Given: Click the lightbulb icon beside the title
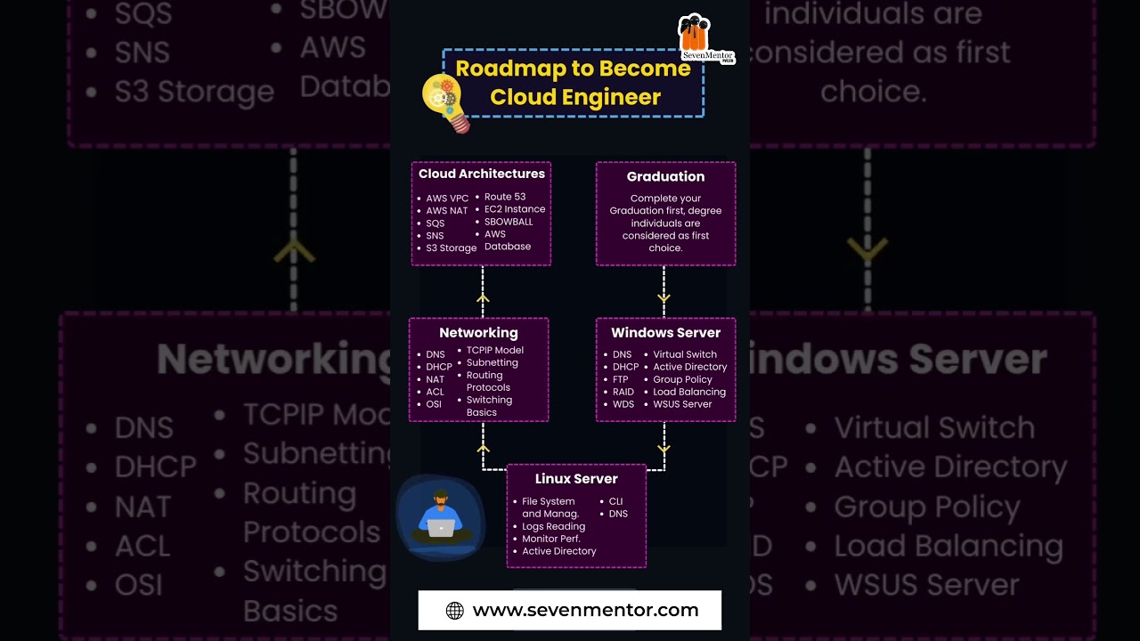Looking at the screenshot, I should click(x=445, y=101).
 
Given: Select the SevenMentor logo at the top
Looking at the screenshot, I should click(x=706, y=39).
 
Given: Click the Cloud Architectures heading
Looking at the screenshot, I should click(x=481, y=174).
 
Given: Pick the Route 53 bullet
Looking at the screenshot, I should click(x=505, y=197).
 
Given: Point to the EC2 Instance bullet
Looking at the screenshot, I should click(x=515, y=209).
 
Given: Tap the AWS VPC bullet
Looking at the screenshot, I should click(x=447, y=199).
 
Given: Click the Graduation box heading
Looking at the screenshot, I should click(x=665, y=176).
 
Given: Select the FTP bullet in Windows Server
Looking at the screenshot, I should click(x=620, y=379).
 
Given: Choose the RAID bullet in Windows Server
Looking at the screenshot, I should click(x=623, y=392).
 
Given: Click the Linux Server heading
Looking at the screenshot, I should click(x=576, y=479).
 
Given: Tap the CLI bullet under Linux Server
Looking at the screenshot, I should click(x=615, y=501).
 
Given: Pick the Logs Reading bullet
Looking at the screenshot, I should click(x=553, y=526).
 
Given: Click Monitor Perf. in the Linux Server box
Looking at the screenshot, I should click(x=550, y=539).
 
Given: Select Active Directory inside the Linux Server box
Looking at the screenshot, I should click(x=558, y=551).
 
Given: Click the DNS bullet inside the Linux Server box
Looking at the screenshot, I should click(x=618, y=514).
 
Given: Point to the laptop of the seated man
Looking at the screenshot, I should click(x=441, y=528).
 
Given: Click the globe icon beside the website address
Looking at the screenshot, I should click(x=454, y=611).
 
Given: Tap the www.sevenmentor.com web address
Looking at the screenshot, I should click(x=585, y=611).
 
